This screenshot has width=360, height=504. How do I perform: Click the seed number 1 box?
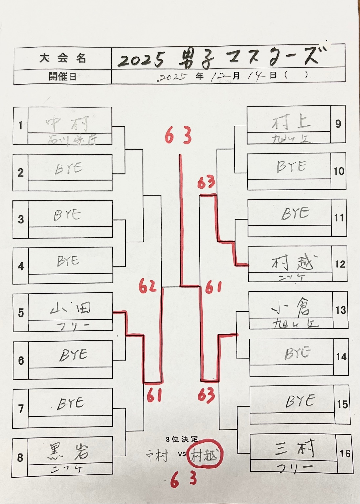pos(20,126)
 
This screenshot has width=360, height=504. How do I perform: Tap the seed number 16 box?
pos(345,454)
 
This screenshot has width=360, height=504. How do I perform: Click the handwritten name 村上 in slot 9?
pos(291,123)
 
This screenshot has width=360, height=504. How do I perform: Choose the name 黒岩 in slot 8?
pos(69,451)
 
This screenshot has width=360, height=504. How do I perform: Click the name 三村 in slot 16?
pos(294,448)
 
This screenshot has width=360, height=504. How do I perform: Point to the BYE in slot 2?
pos(69,168)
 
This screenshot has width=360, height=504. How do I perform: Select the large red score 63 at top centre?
pos(178,136)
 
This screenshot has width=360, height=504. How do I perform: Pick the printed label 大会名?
pos(62,59)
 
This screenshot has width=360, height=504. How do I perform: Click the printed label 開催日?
pos(62,76)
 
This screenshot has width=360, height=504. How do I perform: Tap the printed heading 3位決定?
pos(182,439)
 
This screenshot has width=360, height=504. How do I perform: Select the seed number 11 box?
pos(339,218)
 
